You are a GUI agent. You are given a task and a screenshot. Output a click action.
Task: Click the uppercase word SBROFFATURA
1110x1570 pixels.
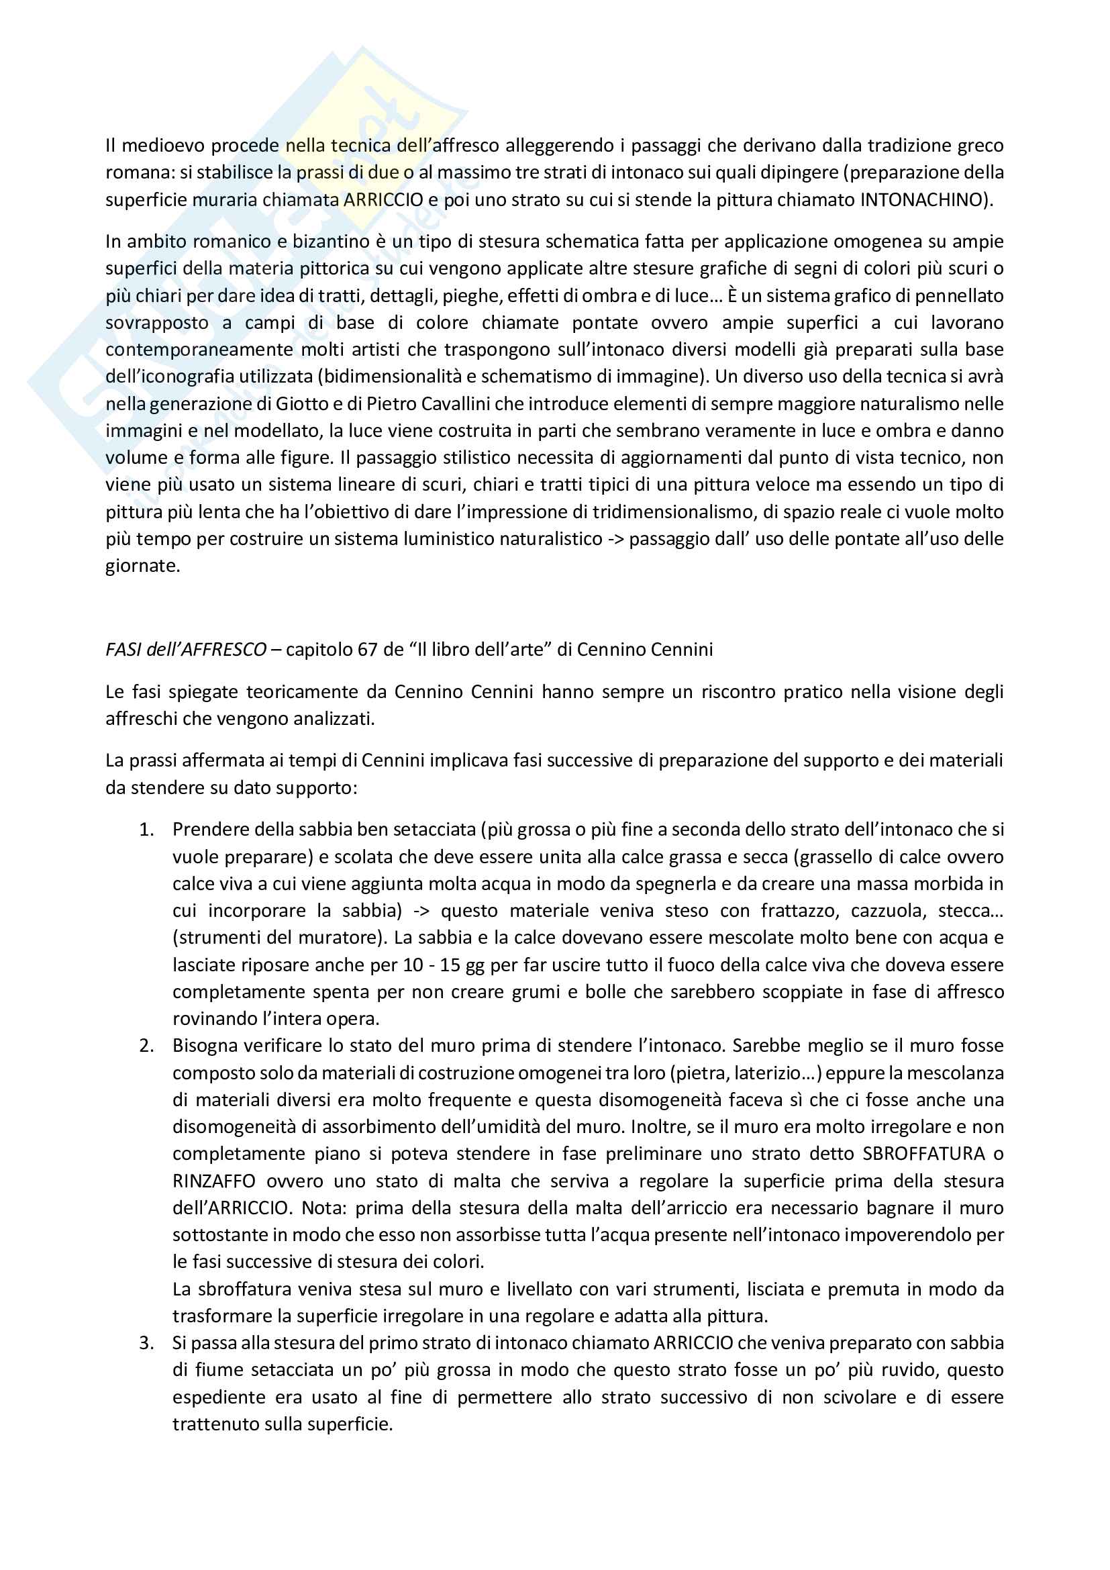pos(923,1154)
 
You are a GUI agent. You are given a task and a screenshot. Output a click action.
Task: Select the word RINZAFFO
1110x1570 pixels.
pos(214,1181)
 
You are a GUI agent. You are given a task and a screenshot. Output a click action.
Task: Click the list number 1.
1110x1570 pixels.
pos(146,830)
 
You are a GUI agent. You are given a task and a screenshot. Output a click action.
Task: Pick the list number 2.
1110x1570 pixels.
pos(146,1046)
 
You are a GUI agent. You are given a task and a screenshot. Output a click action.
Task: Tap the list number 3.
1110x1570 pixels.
pos(146,1342)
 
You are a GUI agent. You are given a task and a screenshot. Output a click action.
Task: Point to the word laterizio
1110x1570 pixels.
pos(774,1073)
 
